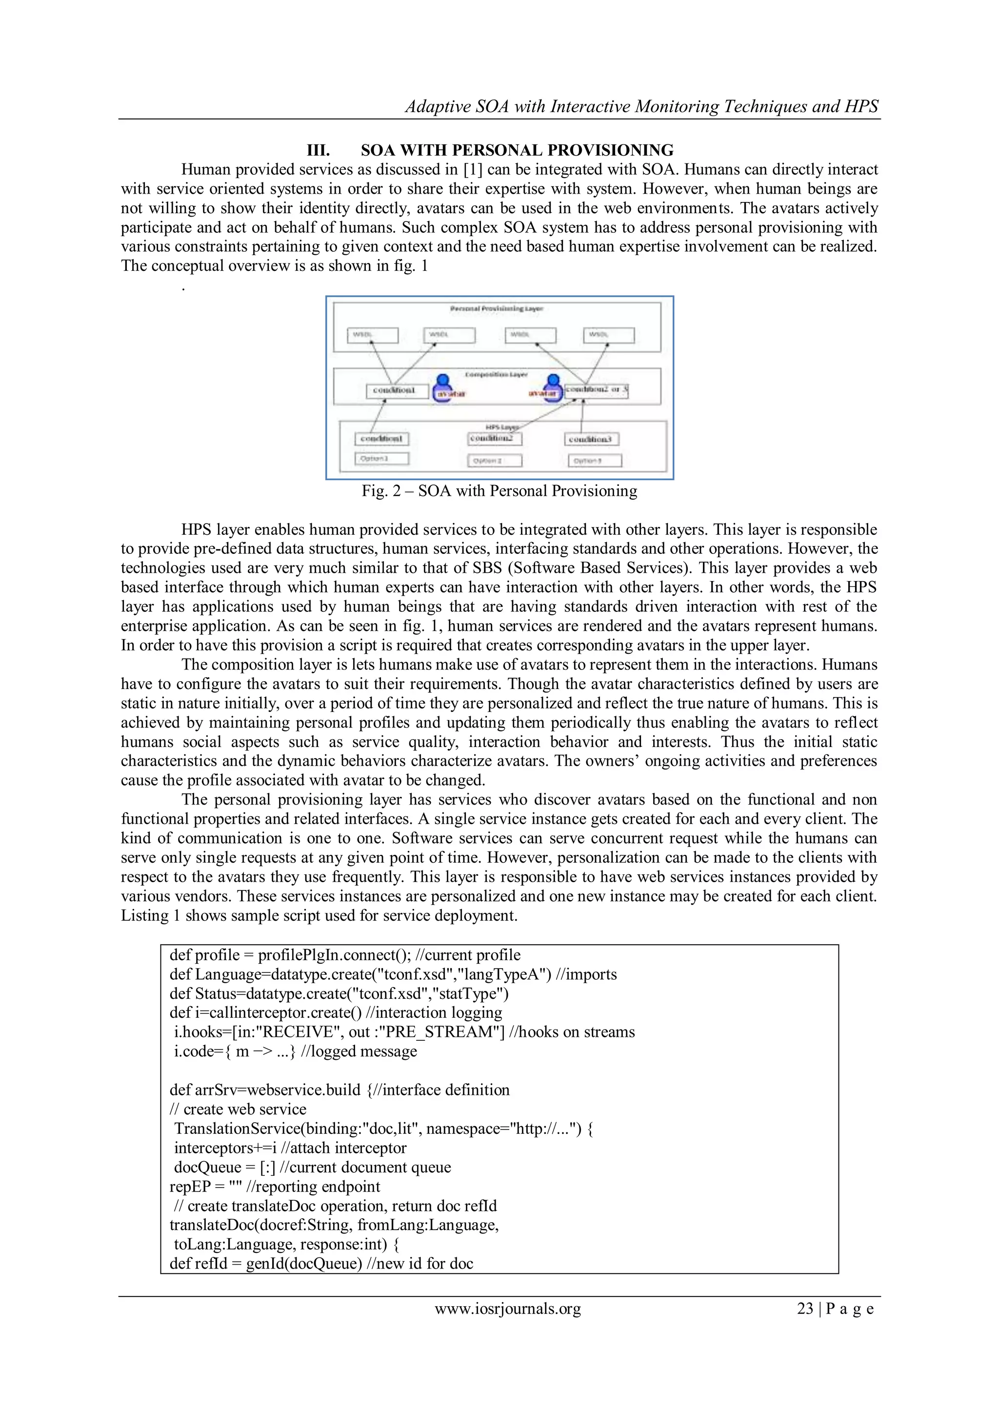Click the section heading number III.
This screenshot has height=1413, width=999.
pyautogui.click(x=318, y=150)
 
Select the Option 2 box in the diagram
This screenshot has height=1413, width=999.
pyautogui.click(x=495, y=460)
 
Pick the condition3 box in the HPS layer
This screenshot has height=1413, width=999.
pyautogui.click(x=591, y=439)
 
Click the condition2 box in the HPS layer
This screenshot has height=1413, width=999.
pyautogui.click(x=494, y=438)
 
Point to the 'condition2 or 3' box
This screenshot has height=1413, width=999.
pyautogui.click(x=596, y=390)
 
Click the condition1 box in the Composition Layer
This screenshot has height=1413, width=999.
pyautogui.click(x=397, y=391)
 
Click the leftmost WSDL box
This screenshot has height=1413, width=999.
pyautogui.click(x=373, y=335)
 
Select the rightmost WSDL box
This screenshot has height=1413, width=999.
pyautogui.click(x=608, y=335)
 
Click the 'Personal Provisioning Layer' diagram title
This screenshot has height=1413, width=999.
pyautogui.click(x=497, y=308)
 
